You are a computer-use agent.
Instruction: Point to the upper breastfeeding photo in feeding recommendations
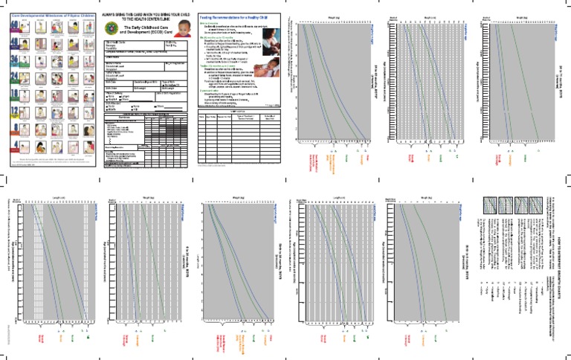coord(272,39)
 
